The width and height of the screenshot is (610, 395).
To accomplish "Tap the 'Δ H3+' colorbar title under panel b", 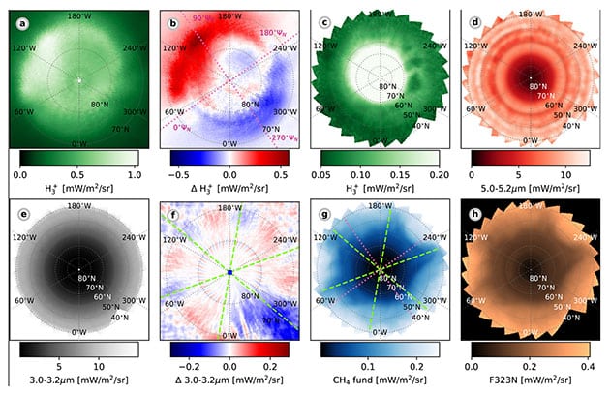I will coord(229,191).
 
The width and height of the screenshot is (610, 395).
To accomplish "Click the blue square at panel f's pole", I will coord(229,273).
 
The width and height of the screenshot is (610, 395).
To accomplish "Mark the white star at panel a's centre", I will coord(78,81).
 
